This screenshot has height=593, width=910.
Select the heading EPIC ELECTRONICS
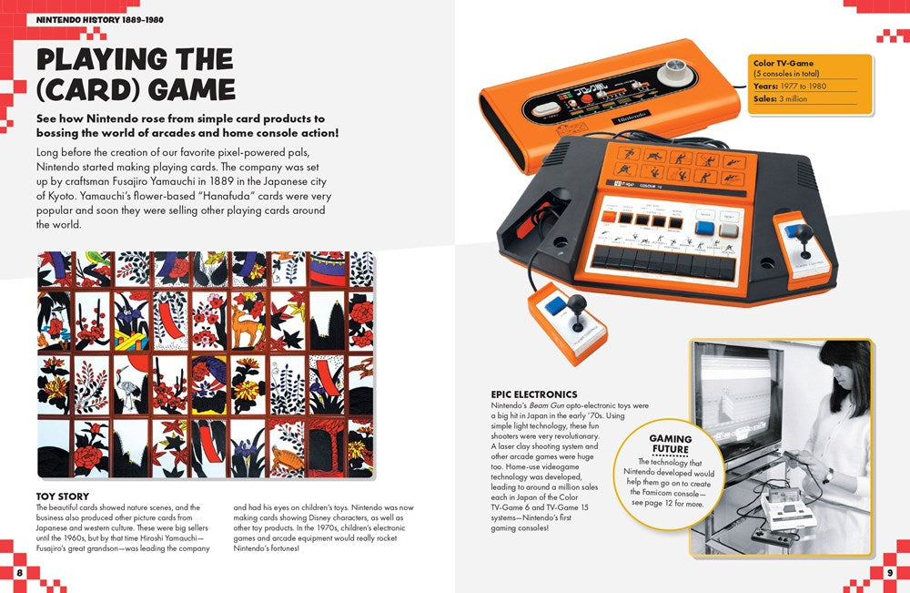pos(533,394)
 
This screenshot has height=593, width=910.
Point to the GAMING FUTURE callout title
pos(670,445)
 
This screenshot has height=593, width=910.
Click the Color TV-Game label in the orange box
pos(783,64)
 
